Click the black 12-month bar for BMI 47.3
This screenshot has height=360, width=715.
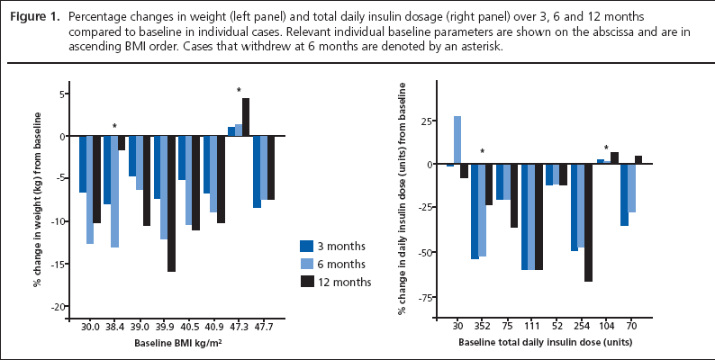[246, 117]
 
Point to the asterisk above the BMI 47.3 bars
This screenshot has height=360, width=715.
[239, 90]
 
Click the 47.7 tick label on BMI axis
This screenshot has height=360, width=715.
[264, 328]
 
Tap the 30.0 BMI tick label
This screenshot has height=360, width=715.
[89, 328]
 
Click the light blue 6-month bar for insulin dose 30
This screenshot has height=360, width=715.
[457, 140]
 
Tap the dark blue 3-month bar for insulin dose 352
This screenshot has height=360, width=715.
[475, 211]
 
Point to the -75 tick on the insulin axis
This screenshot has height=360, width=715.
[419, 296]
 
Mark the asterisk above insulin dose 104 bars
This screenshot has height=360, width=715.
[606, 148]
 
